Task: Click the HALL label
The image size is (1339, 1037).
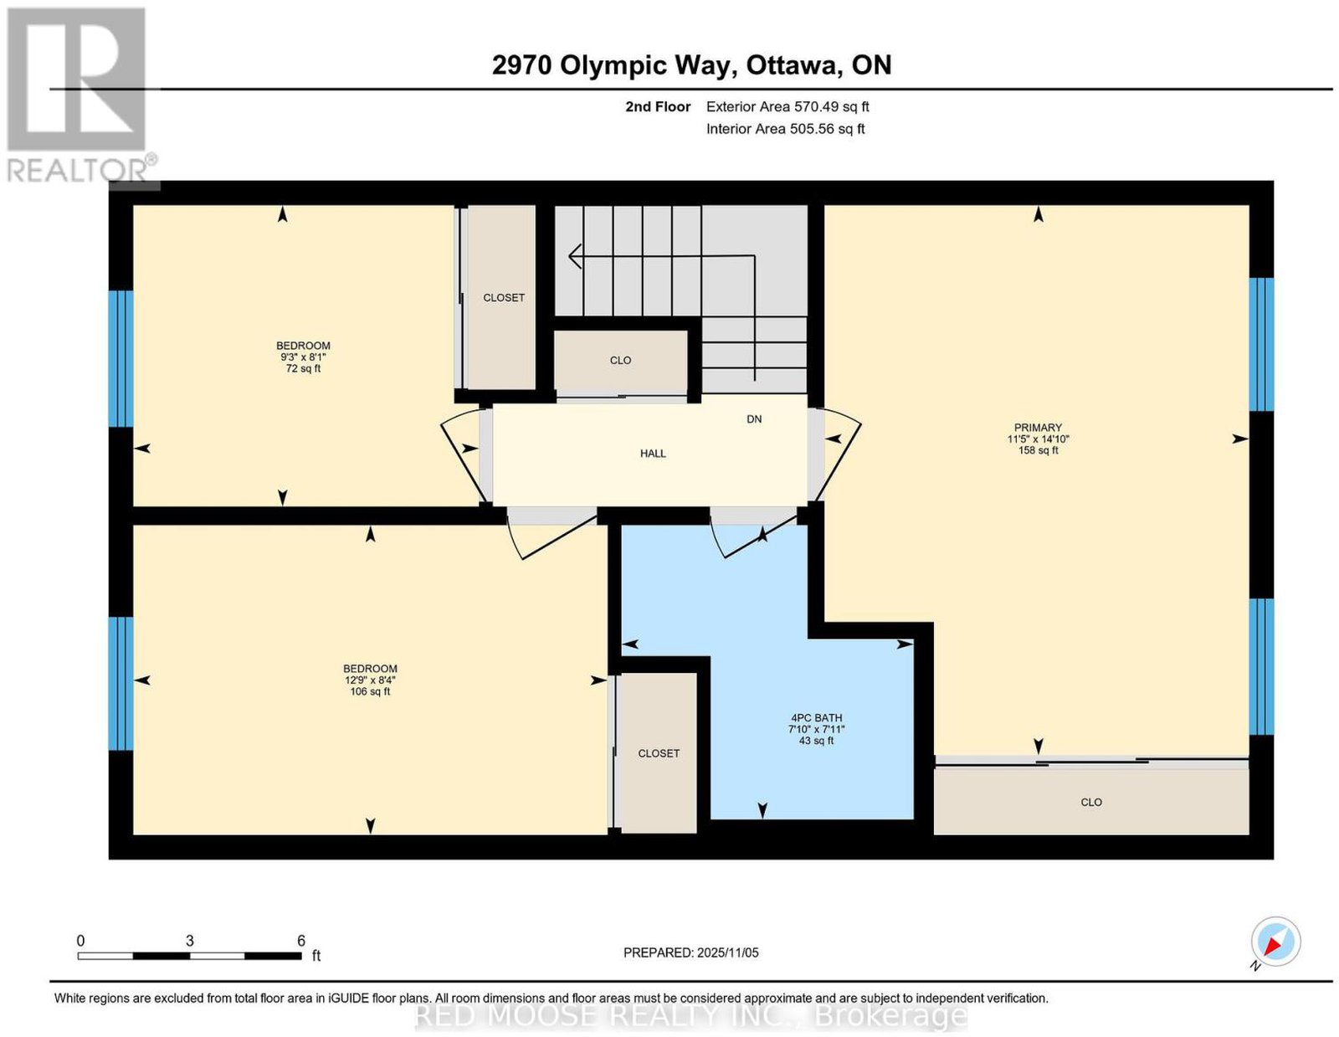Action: (653, 454)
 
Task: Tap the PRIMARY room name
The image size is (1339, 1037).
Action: (1039, 427)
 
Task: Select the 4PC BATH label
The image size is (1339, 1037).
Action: (817, 718)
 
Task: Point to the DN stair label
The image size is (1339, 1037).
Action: (754, 419)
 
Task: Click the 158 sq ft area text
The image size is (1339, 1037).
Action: (1039, 450)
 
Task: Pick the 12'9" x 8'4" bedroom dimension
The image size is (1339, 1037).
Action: (370, 680)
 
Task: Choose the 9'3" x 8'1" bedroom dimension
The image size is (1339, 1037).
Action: (303, 357)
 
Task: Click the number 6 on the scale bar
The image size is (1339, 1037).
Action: (300, 941)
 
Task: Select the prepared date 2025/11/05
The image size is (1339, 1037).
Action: (728, 952)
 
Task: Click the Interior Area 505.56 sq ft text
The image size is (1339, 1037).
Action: (786, 129)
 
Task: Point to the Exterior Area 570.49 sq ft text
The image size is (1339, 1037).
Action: (787, 106)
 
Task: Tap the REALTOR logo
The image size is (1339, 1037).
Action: (80, 95)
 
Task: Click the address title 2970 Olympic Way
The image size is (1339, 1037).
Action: (614, 65)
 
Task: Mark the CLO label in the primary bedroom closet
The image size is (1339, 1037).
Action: (1091, 803)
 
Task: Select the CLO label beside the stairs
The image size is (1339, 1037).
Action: (620, 361)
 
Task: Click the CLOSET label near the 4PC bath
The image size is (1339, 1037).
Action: (659, 753)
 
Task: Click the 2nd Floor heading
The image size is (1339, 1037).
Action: (658, 106)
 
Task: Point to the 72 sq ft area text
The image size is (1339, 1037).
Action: (303, 368)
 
